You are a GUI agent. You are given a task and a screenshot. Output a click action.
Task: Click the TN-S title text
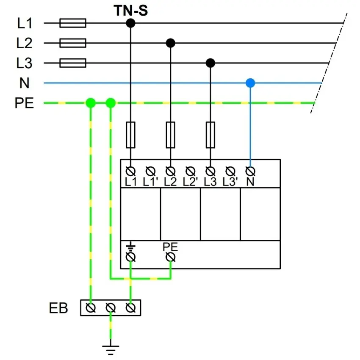[x=130, y=11]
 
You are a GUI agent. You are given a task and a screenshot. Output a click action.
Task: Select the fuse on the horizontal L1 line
[x=73, y=23]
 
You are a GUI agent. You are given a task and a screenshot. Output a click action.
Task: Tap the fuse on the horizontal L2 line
[x=73, y=43]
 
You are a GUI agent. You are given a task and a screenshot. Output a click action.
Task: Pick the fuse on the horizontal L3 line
[x=73, y=63]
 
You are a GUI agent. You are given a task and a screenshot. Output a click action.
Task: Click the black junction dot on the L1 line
[x=130, y=23]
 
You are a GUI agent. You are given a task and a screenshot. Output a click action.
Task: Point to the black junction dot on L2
[x=170, y=43]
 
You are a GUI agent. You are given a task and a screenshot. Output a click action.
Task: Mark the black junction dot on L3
[x=210, y=63]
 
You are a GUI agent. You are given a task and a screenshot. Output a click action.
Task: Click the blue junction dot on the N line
[x=250, y=83]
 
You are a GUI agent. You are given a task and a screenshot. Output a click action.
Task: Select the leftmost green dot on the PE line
[x=90, y=103]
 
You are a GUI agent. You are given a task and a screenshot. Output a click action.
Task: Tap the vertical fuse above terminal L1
[x=130, y=135]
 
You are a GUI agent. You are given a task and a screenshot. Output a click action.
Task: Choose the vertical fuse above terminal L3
[x=210, y=135]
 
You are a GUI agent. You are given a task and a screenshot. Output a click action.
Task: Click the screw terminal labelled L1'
[x=150, y=171]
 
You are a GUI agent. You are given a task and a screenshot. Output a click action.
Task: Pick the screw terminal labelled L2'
[x=191, y=171]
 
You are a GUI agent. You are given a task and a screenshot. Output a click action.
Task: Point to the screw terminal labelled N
[x=250, y=171]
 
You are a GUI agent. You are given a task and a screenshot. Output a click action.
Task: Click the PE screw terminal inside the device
[x=171, y=257]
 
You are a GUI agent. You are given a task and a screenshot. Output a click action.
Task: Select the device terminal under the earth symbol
[x=131, y=257]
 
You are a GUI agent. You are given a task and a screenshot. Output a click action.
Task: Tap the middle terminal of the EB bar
[x=111, y=308]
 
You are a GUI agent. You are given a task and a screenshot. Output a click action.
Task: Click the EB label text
[x=58, y=308]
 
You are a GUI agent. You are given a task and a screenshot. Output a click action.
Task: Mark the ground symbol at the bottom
[x=111, y=349]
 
